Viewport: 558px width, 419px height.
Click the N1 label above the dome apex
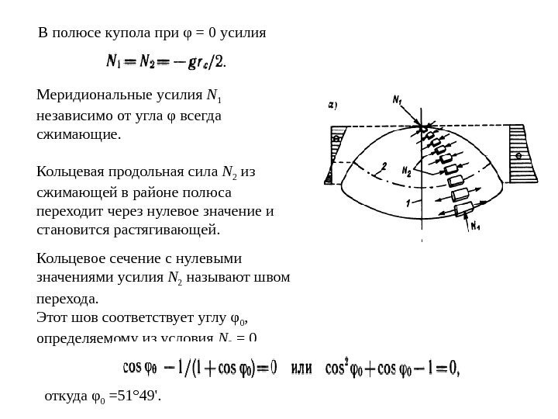point(397,100)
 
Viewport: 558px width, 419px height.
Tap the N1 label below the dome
point(475,227)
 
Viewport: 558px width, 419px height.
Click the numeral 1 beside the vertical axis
point(408,203)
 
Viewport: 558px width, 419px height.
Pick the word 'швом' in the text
point(274,278)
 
